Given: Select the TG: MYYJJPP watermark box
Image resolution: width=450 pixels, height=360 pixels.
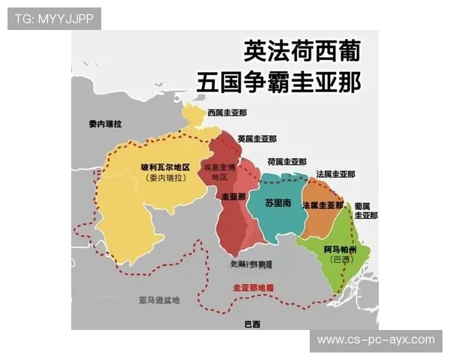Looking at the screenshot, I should (x=54, y=18).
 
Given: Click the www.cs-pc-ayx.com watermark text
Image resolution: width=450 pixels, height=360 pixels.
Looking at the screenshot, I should (x=375, y=340).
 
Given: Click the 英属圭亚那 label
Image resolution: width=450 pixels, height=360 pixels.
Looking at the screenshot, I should (x=256, y=139).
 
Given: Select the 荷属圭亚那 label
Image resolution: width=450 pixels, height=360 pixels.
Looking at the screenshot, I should (x=286, y=161).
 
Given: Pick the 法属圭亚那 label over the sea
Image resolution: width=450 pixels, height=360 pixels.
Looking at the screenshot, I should (x=335, y=174).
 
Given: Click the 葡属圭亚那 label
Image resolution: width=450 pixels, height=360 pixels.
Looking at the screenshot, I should (x=366, y=210).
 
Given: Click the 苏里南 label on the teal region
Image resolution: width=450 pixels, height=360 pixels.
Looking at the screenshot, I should (x=279, y=202).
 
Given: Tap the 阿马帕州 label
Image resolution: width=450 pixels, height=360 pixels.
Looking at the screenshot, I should (x=341, y=248).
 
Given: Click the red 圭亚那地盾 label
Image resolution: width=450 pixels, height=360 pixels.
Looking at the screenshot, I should (x=253, y=287).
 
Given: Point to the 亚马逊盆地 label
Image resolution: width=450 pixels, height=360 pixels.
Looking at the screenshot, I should (x=159, y=300).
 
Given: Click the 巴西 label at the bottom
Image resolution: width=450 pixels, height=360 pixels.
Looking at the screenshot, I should (x=253, y=324).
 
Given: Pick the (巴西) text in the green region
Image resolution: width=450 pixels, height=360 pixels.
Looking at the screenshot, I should (x=341, y=259).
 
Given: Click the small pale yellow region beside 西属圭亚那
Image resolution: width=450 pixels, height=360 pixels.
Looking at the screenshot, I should (x=193, y=115).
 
